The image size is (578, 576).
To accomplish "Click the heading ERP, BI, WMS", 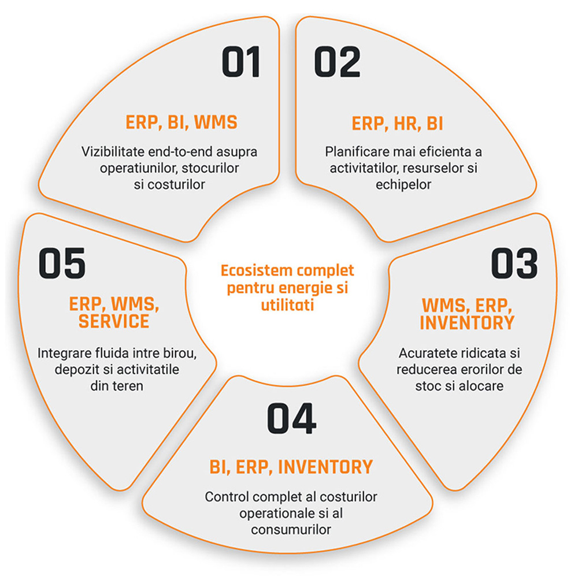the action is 181,123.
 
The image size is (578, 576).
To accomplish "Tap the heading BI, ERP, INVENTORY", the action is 291,466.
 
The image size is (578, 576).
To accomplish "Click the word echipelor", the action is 405,183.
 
